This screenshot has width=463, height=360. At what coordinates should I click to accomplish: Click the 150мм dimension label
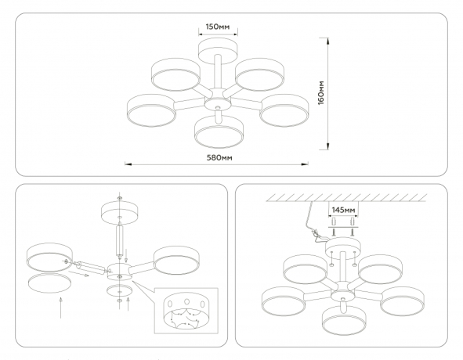pyautogui.click(x=218, y=27)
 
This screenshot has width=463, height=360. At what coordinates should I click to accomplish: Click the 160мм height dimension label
pyautogui.click(x=321, y=92)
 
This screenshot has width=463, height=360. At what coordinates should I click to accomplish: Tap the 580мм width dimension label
pyautogui.click(x=219, y=158)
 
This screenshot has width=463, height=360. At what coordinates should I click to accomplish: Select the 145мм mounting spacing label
pyautogui.click(x=343, y=210)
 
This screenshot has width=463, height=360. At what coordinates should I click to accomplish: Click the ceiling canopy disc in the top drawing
pyautogui.click(x=218, y=49)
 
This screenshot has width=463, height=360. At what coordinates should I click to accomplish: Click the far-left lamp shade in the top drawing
pyautogui.click(x=151, y=110)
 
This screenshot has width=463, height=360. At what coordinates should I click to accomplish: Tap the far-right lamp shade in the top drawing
pyautogui.click(x=284, y=110)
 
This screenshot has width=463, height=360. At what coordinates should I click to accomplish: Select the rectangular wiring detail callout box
pyautogui.click(x=186, y=311)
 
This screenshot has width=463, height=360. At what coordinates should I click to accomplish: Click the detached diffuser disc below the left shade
pyautogui.click(x=49, y=283)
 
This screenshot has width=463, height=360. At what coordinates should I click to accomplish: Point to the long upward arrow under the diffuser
pyautogui.click(x=61, y=308)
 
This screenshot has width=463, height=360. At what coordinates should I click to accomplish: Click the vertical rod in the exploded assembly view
pyautogui.click(x=120, y=239)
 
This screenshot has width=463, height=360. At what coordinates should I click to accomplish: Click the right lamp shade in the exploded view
pyautogui.click(x=176, y=261)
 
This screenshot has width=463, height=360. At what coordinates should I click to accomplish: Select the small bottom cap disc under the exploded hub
pyautogui.click(x=119, y=291)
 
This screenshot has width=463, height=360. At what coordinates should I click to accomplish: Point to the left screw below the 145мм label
pyautogui.click(x=334, y=232)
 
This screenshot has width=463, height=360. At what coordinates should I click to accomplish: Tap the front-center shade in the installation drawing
pyautogui.click(x=344, y=320)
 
